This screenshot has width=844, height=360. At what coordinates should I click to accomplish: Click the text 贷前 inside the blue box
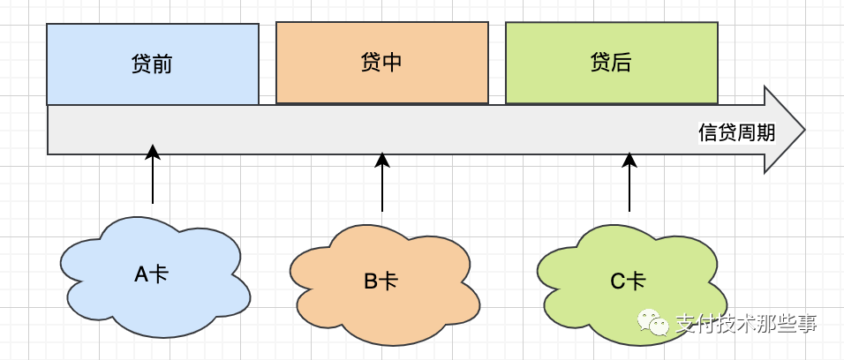(x=153, y=65)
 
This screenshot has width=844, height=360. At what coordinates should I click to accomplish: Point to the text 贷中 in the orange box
(x=382, y=64)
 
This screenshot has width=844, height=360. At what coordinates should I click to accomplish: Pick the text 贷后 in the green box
(x=612, y=64)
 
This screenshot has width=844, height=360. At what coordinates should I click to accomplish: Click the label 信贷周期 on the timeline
(x=736, y=132)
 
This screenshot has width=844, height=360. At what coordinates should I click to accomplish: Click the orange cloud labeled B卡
(x=335, y=309)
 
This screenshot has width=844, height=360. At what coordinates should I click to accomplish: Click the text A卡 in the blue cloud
(x=151, y=274)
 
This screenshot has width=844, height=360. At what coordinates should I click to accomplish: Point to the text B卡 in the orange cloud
(x=381, y=281)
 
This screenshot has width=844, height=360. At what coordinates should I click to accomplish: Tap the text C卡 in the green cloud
(x=628, y=281)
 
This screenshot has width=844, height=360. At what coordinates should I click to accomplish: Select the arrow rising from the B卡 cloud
(x=382, y=185)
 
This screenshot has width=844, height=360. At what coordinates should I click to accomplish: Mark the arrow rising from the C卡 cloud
(x=629, y=185)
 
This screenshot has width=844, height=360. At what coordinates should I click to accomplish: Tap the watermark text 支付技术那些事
(x=746, y=325)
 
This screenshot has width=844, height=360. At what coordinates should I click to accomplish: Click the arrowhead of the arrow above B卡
(x=382, y=160)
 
